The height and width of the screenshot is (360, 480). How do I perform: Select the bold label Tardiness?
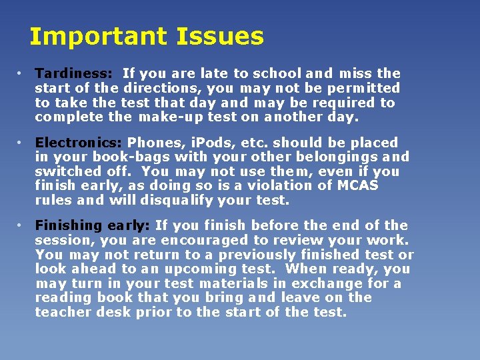pyautogui.click(x=73, y=73)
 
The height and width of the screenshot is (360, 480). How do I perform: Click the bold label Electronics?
pyautogui.click(x=79, y=143)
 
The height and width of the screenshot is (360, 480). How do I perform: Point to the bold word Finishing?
pyautogui.click(x=67, y=226)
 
